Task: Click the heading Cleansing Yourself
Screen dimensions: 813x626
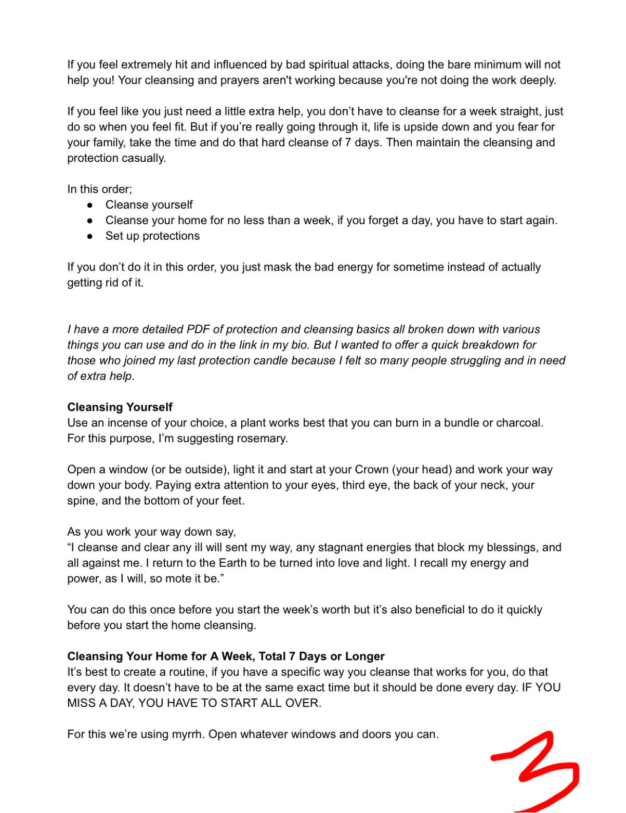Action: coord(120,407)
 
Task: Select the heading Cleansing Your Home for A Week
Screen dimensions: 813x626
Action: coord(226,656)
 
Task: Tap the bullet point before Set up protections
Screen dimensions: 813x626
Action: coord(90,236)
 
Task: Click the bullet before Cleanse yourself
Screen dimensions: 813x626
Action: coord(90,205)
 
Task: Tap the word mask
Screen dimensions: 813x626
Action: coord(277,267)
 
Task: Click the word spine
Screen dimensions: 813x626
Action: coord(81,501)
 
